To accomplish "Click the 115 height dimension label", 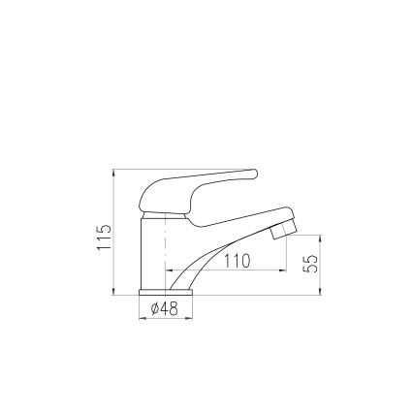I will (x=105, y=238).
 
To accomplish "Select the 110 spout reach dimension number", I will (x=238, y=261).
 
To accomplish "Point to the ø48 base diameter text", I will (x=165, y=308).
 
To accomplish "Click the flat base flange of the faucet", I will (x=165, y=291).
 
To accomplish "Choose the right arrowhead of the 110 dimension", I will (x=284, y=270).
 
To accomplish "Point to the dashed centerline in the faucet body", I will (x=166, y=247).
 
